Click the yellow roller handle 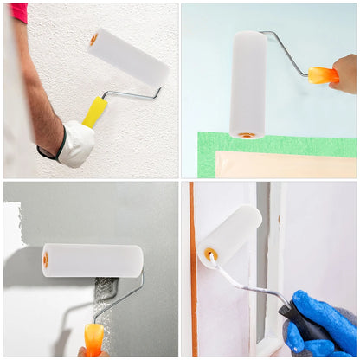(94, 112)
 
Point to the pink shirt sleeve (18, 12)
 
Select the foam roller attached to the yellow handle (129, 57)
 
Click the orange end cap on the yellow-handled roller (93, 39)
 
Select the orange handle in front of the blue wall (323, 75)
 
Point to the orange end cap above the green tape (247, 135)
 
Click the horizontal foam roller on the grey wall (93, 260)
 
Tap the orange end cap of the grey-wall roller (45, 260)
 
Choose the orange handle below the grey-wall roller (93, 338)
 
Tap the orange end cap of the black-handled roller (210, 255)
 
